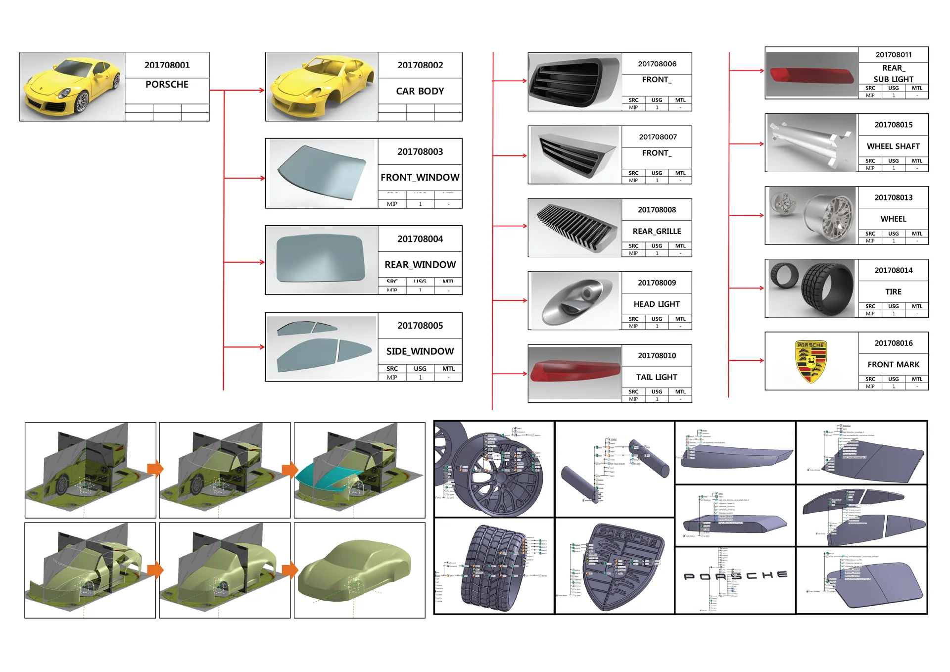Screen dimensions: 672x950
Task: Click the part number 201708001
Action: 167,65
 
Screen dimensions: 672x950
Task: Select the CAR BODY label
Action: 420,91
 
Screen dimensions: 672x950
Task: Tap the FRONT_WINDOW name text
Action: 420,177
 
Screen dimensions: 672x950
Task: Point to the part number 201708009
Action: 657,283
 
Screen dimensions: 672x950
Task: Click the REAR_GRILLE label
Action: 657,231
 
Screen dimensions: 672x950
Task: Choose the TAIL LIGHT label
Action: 657,377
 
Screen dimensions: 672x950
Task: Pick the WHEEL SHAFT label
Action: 893,146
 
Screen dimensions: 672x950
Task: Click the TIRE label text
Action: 893,291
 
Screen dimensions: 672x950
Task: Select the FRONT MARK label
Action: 893,364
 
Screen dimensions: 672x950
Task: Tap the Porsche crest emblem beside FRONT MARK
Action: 811,361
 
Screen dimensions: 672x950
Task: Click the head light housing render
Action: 574,300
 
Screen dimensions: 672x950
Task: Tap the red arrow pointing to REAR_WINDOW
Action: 245,262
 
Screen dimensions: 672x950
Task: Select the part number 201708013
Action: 893,197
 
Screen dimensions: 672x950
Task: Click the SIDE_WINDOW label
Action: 420,351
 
